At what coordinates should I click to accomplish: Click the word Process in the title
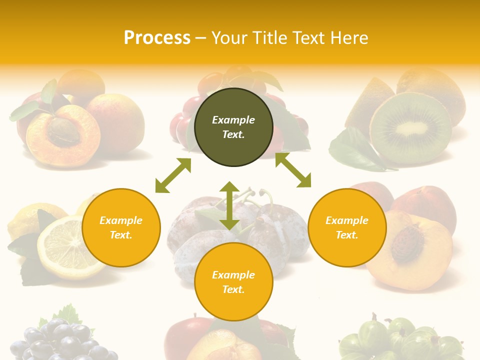click(x=157, y=38)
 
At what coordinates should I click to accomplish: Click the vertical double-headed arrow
click(x=229, y=205)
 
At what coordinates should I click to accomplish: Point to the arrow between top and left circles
click(x=173, y=175)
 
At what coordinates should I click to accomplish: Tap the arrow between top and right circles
click(x=293, y=170)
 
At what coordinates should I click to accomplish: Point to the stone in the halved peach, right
click(x=407, y=243)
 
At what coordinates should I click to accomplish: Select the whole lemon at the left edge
click(x=25, y=220)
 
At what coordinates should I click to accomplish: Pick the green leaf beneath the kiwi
click(x=355, y=150)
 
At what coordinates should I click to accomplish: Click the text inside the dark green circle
click(x=233, y=127)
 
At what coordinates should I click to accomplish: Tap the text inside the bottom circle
click(x=233, y=282)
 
